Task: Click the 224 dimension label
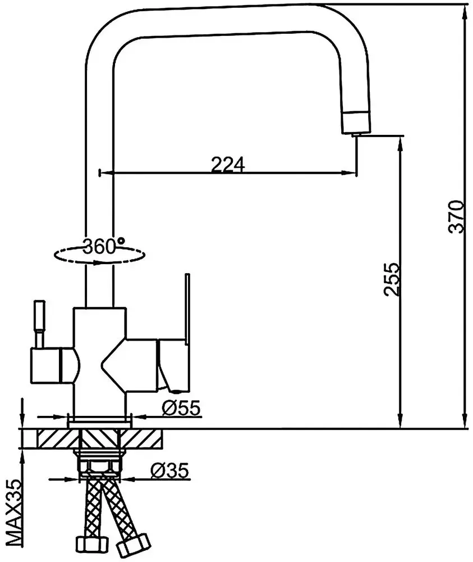(228, 165)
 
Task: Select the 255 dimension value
(392, 279)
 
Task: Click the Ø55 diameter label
(181, 407)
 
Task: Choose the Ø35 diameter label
(169, 470)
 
